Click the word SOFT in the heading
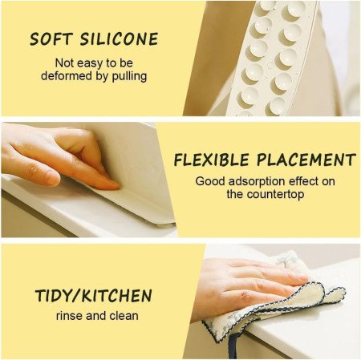pyautogui.click(x=51, y=38)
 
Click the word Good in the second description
pyautogui.click(x=209, y=180)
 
